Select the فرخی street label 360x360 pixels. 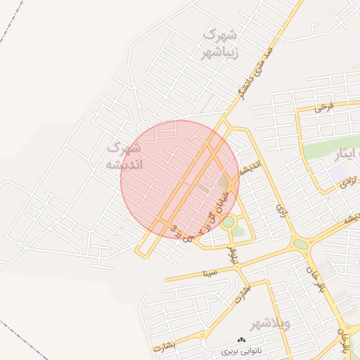coord(323,107)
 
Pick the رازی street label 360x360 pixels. coord(283,210)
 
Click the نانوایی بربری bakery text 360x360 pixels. coord(241,349)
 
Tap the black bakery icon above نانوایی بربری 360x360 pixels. coord(242,339)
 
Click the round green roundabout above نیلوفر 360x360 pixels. coord(229,222)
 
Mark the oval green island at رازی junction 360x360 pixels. coord(301,244)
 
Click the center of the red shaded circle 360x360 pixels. coord(180,179)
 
